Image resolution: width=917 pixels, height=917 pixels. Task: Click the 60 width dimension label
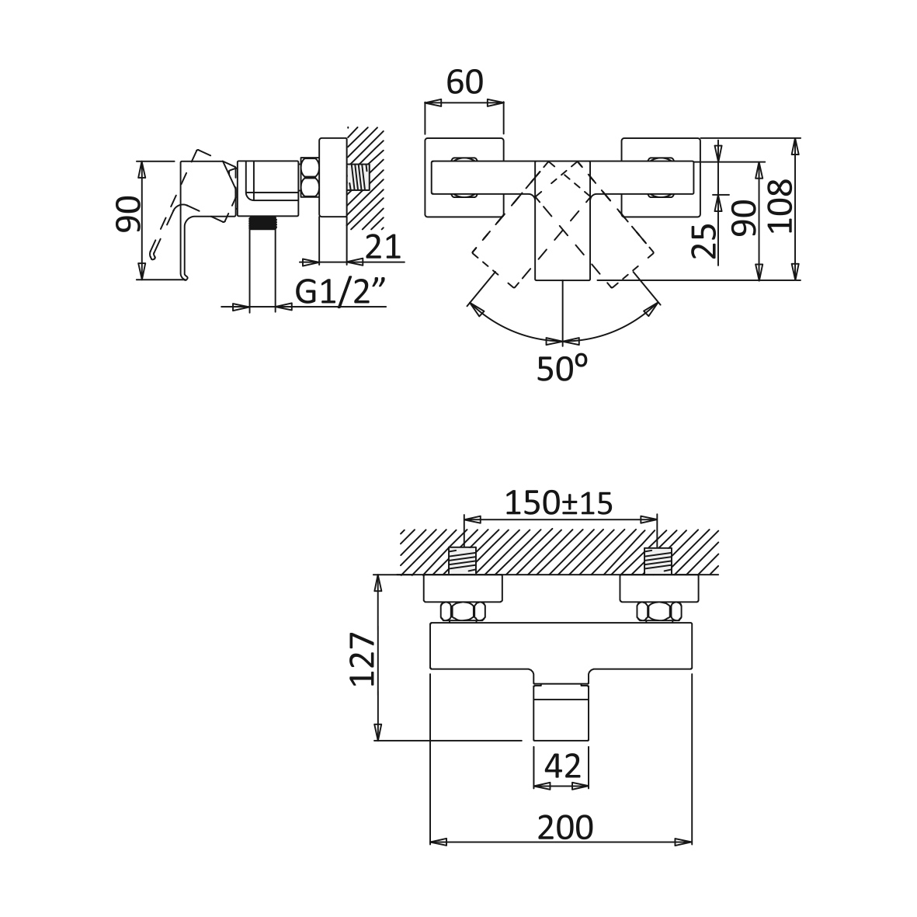point(465,82)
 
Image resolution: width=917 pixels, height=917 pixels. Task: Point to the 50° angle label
point(562,369)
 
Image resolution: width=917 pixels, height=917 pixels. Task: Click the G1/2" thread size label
point(341,292)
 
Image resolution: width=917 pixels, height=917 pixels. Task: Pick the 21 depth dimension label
point(383,247)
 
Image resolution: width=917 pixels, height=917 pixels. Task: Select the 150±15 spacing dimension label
point(559,503)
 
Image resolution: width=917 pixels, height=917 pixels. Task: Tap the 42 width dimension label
point(562,766)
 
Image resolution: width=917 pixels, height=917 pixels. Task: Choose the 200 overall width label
point(564,827)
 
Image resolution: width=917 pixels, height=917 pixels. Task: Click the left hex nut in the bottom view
point(464,612)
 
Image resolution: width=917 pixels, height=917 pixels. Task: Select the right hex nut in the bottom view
point(658,612)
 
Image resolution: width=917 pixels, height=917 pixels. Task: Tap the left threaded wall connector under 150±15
point(464,560)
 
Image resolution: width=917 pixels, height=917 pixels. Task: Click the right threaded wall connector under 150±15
point(658,560)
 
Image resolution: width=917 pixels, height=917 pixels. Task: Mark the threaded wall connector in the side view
point(359,178)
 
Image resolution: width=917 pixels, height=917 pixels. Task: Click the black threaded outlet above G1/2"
point(262,224)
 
